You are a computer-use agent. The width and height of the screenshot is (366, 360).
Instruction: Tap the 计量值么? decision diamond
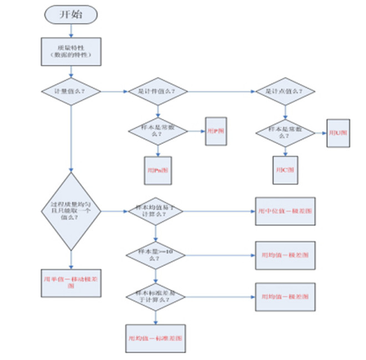click(x=71, y=90)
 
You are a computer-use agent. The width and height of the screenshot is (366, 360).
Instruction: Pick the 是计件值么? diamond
click(x=157, y=91)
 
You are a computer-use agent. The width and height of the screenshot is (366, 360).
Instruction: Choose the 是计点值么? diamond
click(x=285, y=91)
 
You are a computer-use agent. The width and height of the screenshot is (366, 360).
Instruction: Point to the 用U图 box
click(x=338, y=133)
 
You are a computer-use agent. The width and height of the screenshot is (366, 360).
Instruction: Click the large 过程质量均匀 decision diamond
click(x=72, y=211)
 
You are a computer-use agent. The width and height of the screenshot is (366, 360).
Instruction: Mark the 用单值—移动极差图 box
click(x=71, y=283)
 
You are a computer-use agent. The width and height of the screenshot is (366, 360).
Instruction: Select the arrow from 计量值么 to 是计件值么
click(x=114, y=91)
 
